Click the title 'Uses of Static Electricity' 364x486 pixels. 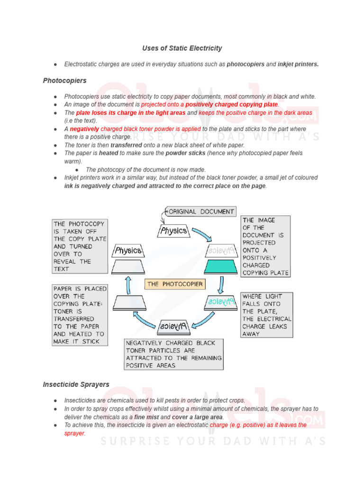tap(182, 48)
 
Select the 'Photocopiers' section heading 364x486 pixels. tap(64, 81)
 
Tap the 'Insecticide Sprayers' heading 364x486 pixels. tap(76, 384)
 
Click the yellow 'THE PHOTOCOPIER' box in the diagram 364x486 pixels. tap(175, 284)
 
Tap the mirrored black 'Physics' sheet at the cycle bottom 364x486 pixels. tap(174, 327)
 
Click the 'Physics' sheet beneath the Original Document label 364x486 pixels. tap(173, 231)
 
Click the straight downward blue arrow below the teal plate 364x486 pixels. tap(221, 285)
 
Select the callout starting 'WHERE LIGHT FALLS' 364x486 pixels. tap(266, 315)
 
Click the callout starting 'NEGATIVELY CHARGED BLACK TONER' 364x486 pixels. tap(173, 354)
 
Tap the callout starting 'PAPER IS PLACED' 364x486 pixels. tap(80, 315)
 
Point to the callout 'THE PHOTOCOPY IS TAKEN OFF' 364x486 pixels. tap(80, 246)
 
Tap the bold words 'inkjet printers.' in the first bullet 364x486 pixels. tap(298, 64)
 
